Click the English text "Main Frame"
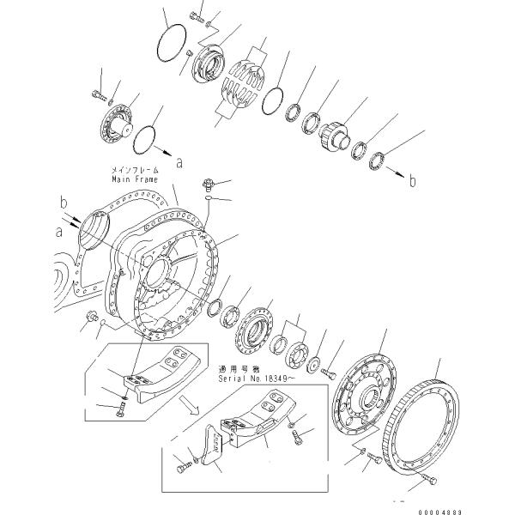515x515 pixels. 135,180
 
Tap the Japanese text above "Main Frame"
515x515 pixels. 135,171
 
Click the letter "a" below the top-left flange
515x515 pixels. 178,161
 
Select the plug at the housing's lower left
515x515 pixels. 88,321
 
